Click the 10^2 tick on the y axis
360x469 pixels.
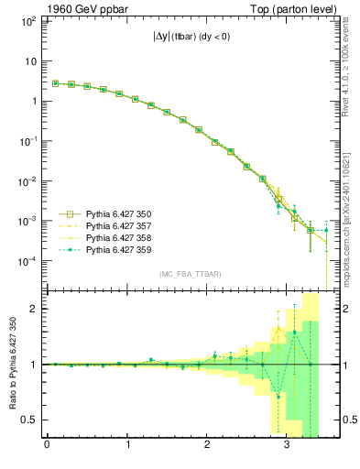click(28, 21)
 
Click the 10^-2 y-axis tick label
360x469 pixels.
click(27, 181)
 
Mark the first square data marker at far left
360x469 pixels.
click(55, 83)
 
